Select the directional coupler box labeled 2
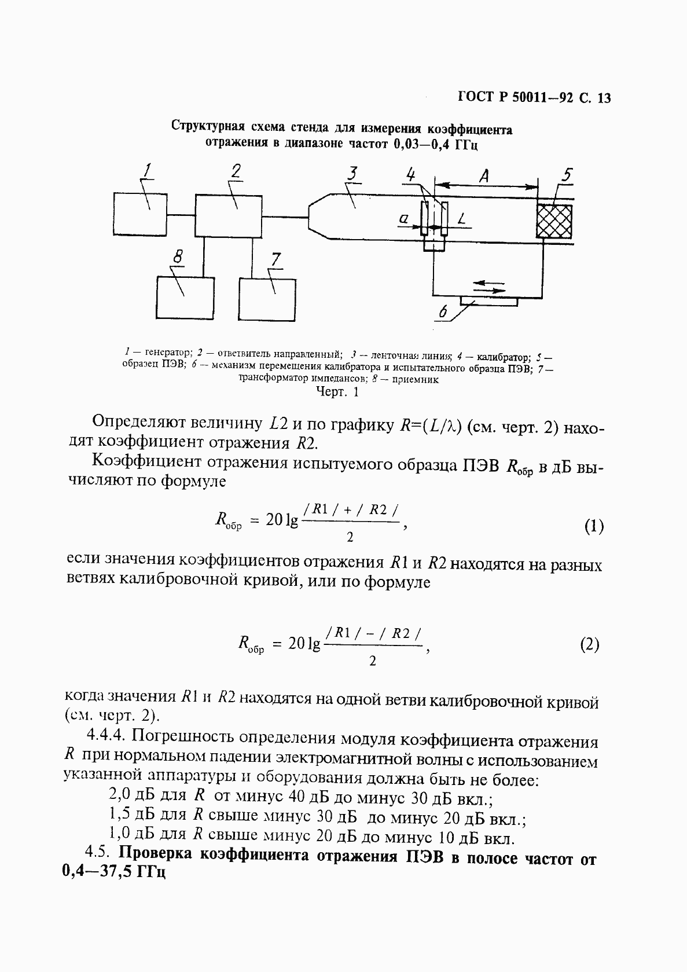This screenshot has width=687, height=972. (229, 215)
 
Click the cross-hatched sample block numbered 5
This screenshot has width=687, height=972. (554, 221)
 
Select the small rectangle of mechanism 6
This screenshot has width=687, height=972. (489, 300)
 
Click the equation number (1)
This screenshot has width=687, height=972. (593, 526)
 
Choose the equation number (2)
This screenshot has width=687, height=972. (589, 644)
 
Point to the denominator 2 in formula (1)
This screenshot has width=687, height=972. (350, 538)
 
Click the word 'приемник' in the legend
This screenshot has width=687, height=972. (418, 380)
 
